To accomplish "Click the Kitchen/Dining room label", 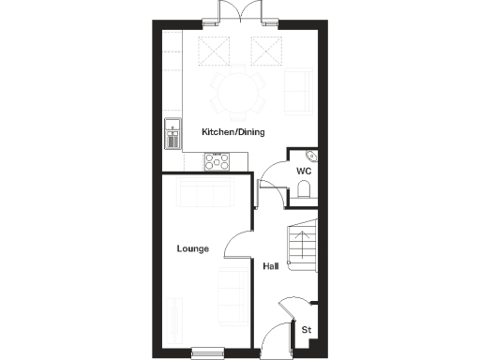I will click(x=233, y=132).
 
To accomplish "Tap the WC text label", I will click(x=304, y=172).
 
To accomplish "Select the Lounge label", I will click(x=192, y=248).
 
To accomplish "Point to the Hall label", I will click(x=270, y=266).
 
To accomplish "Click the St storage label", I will click(x=306, y=329).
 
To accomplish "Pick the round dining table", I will click(x=237, y=91).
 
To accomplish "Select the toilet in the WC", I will click(x=303, y=191).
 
